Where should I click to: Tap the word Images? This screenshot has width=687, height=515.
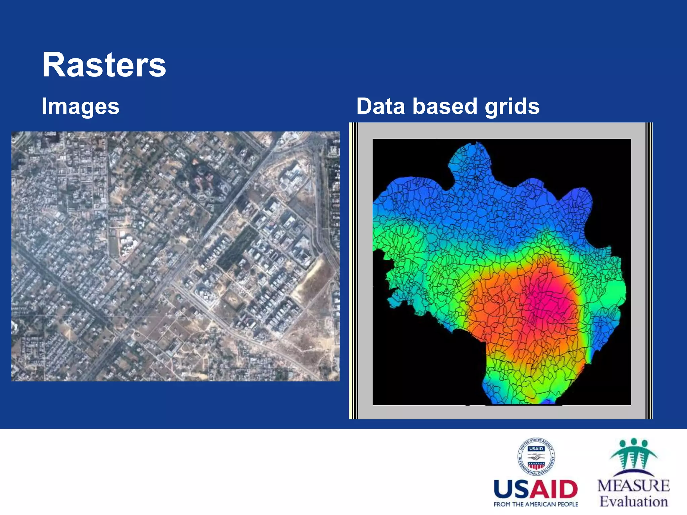point(81,106)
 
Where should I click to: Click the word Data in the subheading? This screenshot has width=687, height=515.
point(380,106)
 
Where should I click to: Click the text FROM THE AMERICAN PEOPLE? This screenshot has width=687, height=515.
point(536,504)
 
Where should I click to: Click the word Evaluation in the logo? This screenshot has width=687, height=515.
point(633,502)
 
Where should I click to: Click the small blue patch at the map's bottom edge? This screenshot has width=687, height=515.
point(548,401)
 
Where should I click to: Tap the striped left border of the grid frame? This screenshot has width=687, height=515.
point(354,271)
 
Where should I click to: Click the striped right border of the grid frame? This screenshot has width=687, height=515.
point(649,271)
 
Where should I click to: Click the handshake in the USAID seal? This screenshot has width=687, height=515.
point(536,457)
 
